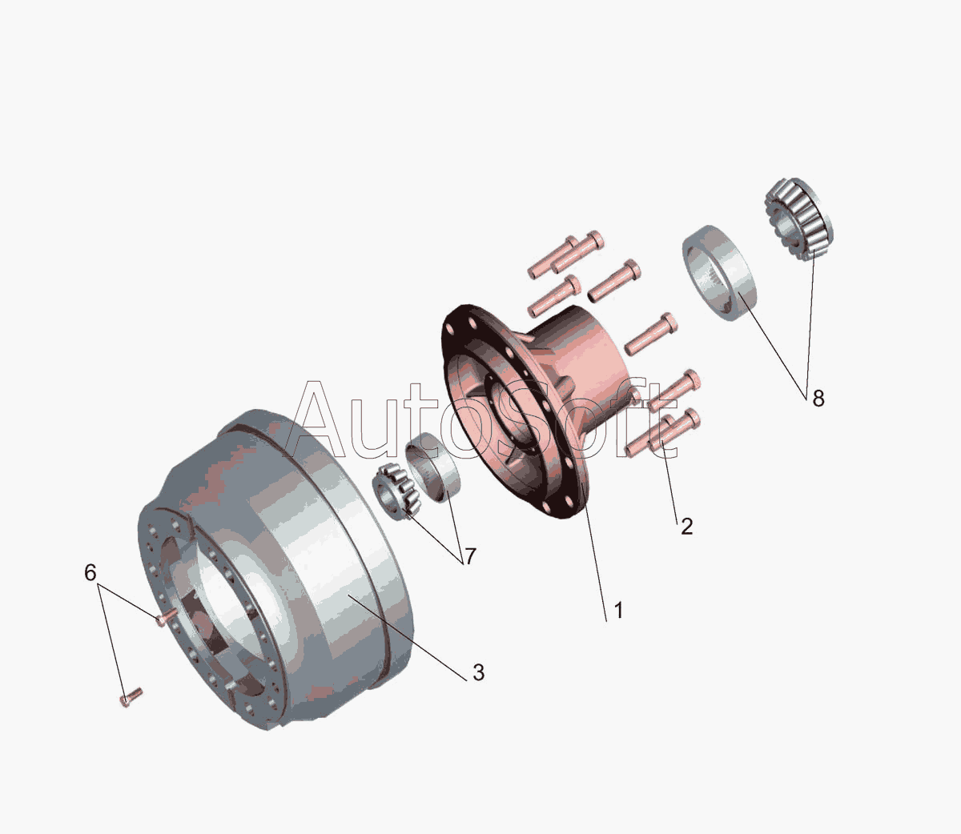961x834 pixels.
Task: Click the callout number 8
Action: (x=818, y=398)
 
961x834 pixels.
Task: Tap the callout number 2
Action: (x=686, y=527)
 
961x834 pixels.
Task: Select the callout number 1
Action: (x=618, y=611)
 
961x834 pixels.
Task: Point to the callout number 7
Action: (x=470, y=556)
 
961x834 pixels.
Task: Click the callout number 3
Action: (x=478, y=672)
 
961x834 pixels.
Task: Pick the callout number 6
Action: (x=90, y=572)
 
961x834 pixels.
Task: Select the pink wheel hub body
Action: (x=536, y=408)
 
